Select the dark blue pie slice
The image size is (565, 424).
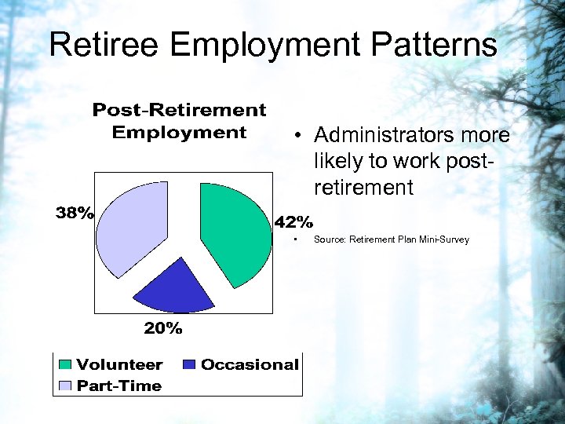[x=174, y=287]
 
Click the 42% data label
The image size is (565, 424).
[x=293, y=221]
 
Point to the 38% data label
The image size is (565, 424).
[x=74, y=212]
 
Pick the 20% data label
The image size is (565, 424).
[x=163, y=328]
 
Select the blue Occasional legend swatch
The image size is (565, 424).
[x=188, y=365]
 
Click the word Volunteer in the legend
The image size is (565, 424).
[x=119, y=364]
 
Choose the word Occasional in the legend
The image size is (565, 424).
[x=250, y=364]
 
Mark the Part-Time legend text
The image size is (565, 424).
[x=119, y=386]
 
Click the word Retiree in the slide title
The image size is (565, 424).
[x=104, y=45]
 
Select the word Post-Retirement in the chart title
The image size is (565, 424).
[x=180, y=110]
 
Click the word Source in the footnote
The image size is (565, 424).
[x=330, y=239]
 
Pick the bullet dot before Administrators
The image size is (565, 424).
[x=300, y=137]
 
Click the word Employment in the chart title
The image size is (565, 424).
[x=180, y=132]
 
